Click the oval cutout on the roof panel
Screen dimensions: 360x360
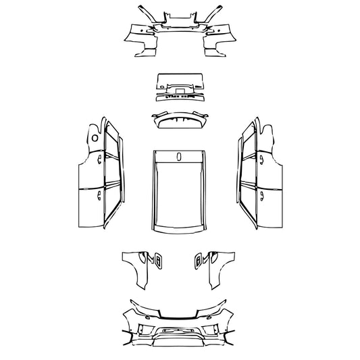[x=180, y=157]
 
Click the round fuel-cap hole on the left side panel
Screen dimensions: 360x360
[x=95, y=138]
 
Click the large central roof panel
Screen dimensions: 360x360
[x=180, y=192]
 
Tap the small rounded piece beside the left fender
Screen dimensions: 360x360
[x=157, y=260]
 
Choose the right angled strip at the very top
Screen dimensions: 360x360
[x=217, y=13]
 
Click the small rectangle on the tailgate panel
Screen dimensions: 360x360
[x=180, y=87]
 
